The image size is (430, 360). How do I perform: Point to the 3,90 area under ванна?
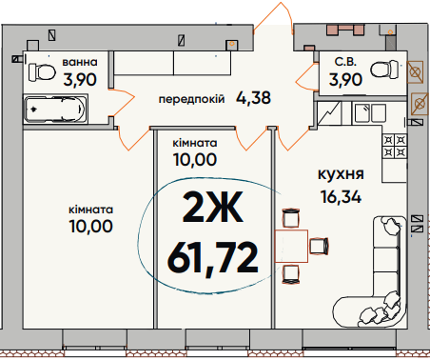tap(80, 80)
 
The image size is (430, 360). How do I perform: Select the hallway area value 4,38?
tap(253, 97)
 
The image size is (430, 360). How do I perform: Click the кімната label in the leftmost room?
tap(90, 209)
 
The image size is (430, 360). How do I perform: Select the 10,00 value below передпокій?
tap(194, 160)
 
